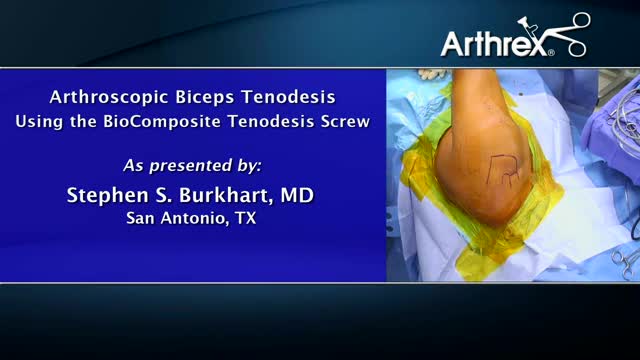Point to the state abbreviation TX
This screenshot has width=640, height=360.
click(x=245, y=217)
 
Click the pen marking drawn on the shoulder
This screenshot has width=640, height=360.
click(x=505, y=171)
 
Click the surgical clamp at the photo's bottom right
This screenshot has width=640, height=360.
click(x=624, y=263)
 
